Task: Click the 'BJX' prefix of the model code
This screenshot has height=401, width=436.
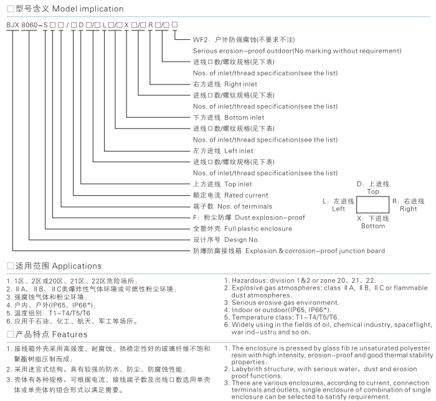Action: (x=12, y=24)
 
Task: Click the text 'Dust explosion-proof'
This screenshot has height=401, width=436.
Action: (x=262, y=218)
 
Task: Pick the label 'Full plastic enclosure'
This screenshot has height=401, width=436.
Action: (x=258, y=229)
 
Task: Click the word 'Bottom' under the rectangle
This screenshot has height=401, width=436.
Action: (x=373, y=226)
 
